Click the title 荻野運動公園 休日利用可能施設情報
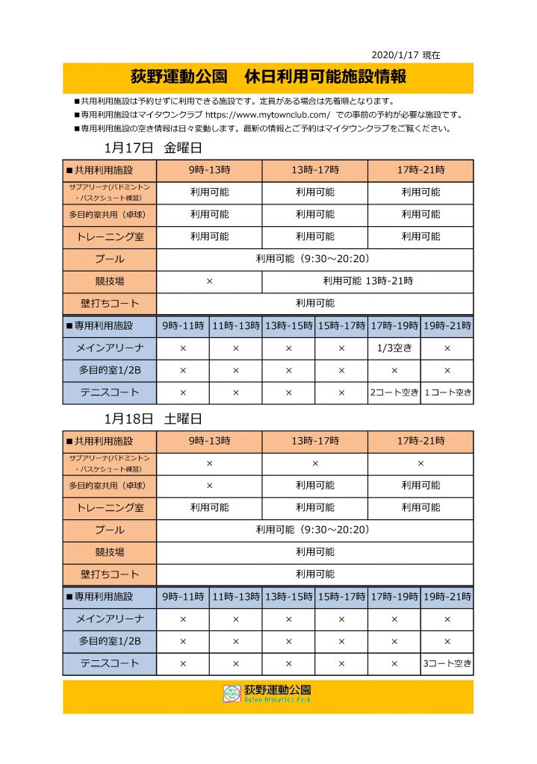267,77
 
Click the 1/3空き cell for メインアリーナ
394,348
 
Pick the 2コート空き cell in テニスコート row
394,392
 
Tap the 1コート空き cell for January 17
447,392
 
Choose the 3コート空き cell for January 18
447,663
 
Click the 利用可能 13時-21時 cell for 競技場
367,281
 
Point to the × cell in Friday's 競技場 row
209,281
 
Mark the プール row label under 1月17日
109,259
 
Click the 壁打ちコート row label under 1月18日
109,574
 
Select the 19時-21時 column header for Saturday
447,596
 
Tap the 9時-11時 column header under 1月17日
182,326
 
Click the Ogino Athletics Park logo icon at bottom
232,694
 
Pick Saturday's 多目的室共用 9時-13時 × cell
209,485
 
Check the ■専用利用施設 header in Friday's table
109,326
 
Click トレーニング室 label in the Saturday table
109,507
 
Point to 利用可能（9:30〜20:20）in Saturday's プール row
314,530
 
